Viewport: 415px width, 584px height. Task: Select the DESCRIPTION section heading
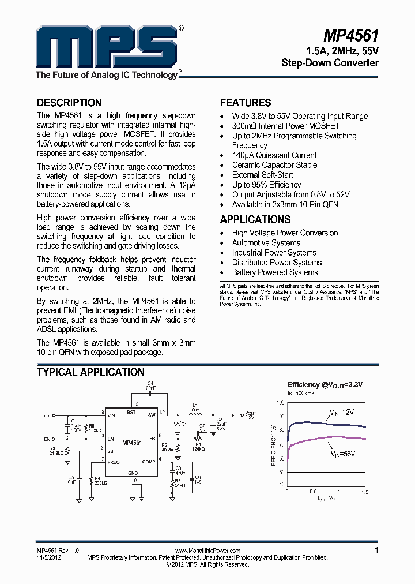coord(69,103)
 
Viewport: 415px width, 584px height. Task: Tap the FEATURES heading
coord(246,103)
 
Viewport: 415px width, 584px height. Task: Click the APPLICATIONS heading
coord(255,219)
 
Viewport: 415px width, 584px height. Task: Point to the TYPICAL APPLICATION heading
coord(90,372)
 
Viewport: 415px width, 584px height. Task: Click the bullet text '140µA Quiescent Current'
coord(274,155)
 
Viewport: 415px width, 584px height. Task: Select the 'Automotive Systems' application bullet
coord(266,243)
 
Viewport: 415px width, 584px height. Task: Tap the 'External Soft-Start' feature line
coord(262,175)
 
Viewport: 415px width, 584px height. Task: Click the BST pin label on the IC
coord(131,413)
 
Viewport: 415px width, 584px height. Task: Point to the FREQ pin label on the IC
coord(114,462)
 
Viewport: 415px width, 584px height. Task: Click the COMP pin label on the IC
coord(149,462)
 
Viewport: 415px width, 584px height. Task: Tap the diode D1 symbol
coord(177,425)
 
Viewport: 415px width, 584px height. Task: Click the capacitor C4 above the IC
coord(150,393)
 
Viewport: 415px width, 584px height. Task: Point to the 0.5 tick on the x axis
coord(312,491)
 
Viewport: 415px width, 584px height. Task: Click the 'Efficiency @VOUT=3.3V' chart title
coord(325,384)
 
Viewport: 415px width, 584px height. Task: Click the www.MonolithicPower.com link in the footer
coord(207,551)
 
